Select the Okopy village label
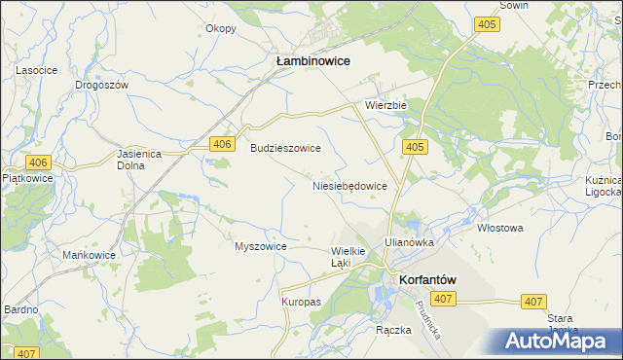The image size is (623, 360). click(x=221, y=28)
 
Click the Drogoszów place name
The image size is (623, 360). click(x=102, y=85)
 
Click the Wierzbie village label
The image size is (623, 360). click(x=385, y=105)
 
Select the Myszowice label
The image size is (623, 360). click(x=261, y=246)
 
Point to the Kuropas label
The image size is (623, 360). click(x=302, y=303)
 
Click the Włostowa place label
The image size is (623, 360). click(x=500, y=228)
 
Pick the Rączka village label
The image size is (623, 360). click(x=394, y=330)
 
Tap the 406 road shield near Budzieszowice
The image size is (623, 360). click(x=223, y=144)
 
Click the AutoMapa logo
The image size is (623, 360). click(x=556, y=340)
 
